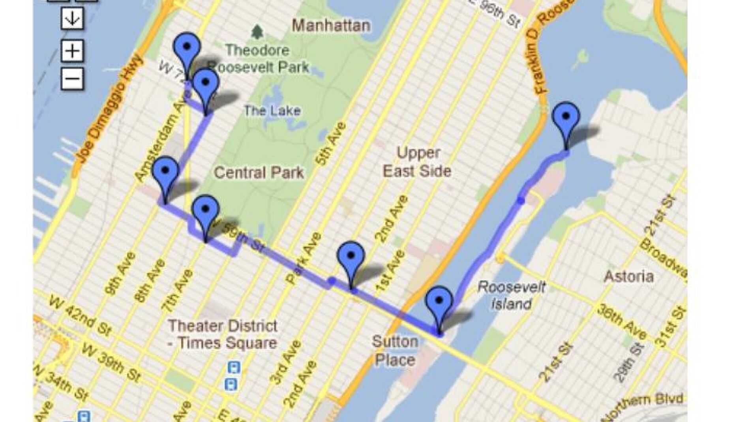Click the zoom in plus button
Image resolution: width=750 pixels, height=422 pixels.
[x=73, y=51]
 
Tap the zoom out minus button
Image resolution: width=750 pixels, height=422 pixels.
[x=73, y=79]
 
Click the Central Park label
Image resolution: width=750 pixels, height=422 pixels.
[x=259, y=173]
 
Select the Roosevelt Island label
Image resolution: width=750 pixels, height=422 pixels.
[x=511, y=295]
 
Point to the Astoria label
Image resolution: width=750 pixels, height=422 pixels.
[x=629, y=276]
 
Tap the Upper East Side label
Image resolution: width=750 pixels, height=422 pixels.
[x=418, y=162]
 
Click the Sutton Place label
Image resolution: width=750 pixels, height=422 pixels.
[x=395, y=351]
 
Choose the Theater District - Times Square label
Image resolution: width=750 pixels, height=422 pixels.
[x=223, y=334]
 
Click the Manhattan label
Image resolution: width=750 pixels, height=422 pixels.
[x=331, y=26]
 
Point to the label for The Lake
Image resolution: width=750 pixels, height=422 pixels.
[x=272, y=111]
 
